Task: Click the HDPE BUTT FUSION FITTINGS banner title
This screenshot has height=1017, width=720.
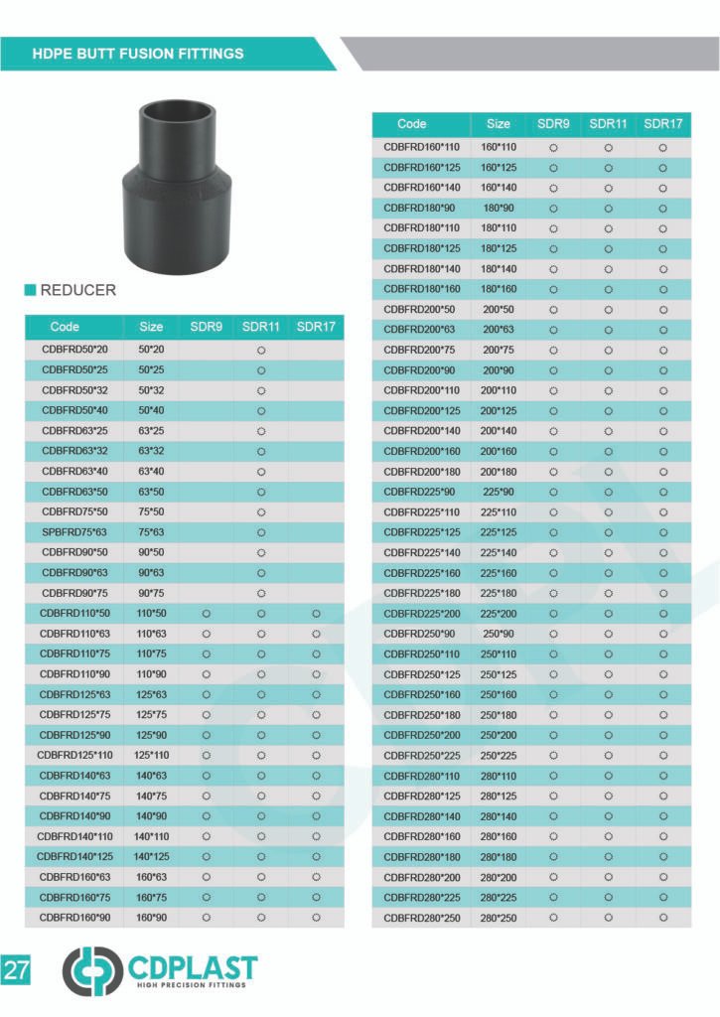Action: tap(137, 54)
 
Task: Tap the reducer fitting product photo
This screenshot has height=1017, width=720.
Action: tap(177, 187)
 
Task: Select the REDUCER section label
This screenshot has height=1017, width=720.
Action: tap(77, 290)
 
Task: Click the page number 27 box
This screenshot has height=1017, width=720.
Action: tap(16, 970)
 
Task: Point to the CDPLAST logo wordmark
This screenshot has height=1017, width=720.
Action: tap(193, 967)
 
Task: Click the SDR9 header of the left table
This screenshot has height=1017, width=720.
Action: tap(207, 327)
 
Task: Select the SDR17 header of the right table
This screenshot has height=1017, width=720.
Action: tap(663, 124)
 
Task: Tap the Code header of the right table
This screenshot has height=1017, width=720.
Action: tap(412, 124)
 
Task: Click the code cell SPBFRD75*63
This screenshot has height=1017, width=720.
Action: tap(74, 532)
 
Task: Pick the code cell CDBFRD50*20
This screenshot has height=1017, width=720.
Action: tap(74, 350)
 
